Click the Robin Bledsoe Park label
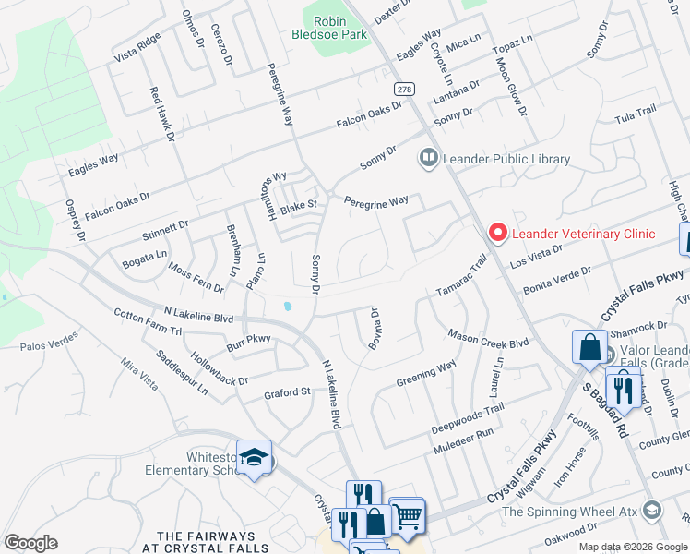[x=337, y=28]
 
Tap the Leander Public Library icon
[x=428, y=159]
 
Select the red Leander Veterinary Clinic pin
[x=498, y=234]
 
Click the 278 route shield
[x=403, y=90]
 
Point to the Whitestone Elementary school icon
[x=254, y=459]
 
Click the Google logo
[x=30, y=543]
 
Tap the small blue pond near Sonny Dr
[x=288, y=306]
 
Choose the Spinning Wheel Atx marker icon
[x=652, y=511]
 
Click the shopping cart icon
[x=407, y=515]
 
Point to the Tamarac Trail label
[x=460, y=277]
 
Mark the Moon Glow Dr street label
[x=510, y=86]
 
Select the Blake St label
[x=299, y=206]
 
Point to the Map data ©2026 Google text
[x=633, y=547]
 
